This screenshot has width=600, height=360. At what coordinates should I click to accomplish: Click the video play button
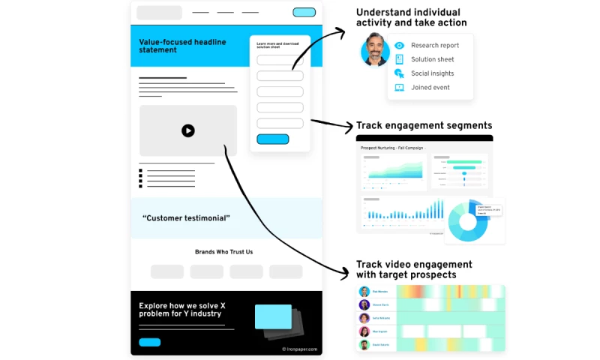(187, 130)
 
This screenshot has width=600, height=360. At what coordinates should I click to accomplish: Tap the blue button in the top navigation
(304, 12)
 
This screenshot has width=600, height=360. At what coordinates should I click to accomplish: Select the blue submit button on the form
(272, 139)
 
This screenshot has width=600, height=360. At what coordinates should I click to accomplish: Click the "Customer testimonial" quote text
(186, 218)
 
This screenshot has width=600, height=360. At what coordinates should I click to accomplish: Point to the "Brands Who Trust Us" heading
(224, 252)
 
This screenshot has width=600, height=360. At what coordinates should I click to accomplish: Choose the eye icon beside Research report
(399, 46)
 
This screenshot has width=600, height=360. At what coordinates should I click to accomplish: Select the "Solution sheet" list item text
(432, 59)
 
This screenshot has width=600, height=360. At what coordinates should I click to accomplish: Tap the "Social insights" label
(432, 73)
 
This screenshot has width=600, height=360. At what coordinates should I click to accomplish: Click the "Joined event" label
(430, 88)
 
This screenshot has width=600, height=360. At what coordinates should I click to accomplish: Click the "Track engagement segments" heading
(424, 125)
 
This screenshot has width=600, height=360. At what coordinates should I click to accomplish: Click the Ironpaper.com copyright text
(299, 349)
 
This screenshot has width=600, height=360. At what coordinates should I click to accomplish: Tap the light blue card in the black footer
(273, 316)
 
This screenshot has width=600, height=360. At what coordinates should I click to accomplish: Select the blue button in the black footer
(150, 342)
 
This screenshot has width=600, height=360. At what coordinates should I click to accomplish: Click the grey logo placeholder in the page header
(159, 13)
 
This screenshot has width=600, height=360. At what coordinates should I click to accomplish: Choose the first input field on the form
(280, 60)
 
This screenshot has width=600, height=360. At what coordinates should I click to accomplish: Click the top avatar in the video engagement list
(364, 292)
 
